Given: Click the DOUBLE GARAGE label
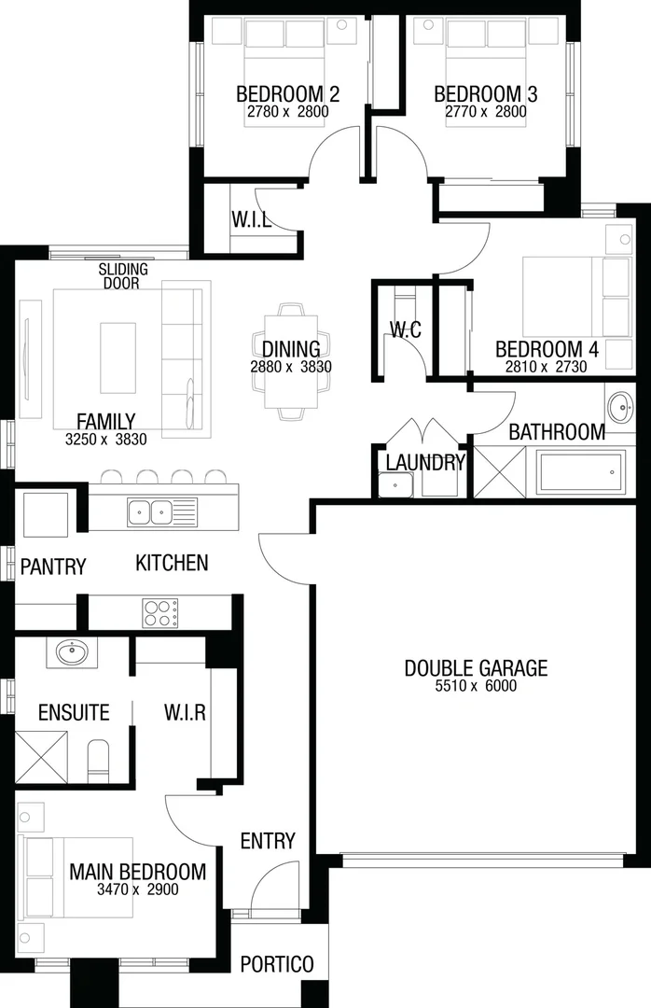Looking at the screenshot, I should click(476, 668).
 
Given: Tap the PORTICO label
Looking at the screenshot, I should click(277, 964).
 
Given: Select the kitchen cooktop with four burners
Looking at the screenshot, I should click(160, 612).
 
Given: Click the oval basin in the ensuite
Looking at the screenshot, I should click(72, 651).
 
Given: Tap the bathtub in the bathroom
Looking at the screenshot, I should click(581, 471).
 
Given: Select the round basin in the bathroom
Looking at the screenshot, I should click(619, 406).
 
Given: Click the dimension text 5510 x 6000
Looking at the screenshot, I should click(476, 686).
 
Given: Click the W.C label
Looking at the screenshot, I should click(406, 329).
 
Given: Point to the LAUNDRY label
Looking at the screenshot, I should click(425, 462).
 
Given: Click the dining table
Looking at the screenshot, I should click(291, 359).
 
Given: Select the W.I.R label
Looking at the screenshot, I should click(185, 713).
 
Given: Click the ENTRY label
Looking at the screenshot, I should click(268, 841).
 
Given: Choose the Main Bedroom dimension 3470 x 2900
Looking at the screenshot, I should click(137, 889).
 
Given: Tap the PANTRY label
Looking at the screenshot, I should click(53, 567).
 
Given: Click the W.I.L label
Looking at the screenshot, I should click(252, 221).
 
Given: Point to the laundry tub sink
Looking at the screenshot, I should click(395, 485).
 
